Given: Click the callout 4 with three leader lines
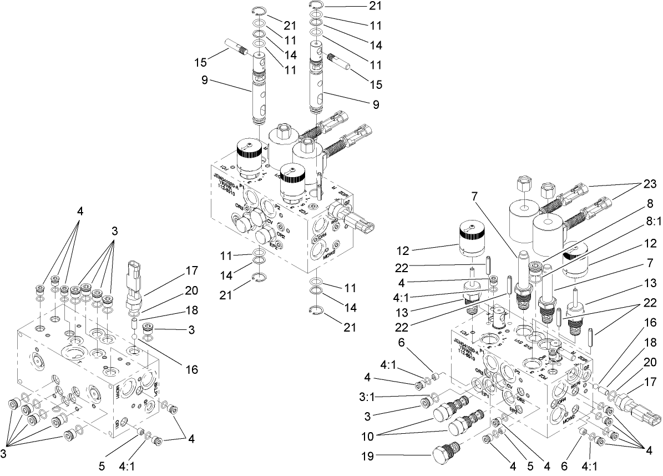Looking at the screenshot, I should point(80,211).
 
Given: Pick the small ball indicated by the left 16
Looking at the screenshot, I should point(134,337).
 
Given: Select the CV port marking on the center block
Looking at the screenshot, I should point(270,222).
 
